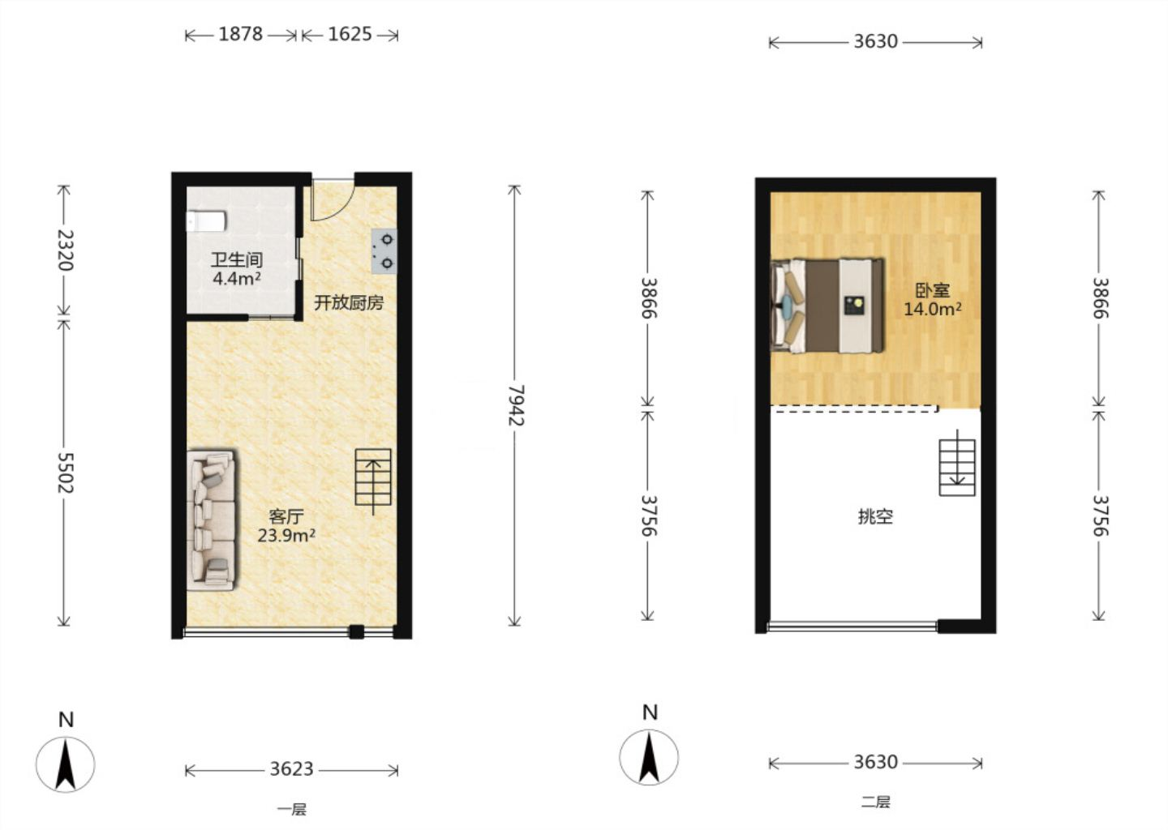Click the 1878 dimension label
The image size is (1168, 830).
click(240, 34)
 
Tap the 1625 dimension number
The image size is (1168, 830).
click(350, 34)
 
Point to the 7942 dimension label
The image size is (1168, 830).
click(516, 405)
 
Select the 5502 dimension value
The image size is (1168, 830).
click(65, 473)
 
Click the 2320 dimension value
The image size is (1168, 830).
click(65, 250)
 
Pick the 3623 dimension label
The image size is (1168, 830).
click(291, 769)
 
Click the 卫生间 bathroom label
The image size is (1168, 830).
click(236, 259)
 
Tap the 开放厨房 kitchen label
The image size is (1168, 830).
click(349, 302)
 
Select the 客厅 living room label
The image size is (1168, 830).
click(286, 516)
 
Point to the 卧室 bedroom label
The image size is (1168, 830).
click(933, 290)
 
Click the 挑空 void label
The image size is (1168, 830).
click(875, 517)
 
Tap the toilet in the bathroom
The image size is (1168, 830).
click(207, 221)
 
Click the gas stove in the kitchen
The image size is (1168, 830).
click(384, 251)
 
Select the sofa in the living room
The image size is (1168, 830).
click(211, 519)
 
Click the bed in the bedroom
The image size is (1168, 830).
click(827, 306)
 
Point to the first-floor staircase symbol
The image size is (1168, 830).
click(373, 477)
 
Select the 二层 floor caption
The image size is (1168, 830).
click(875, 802)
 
